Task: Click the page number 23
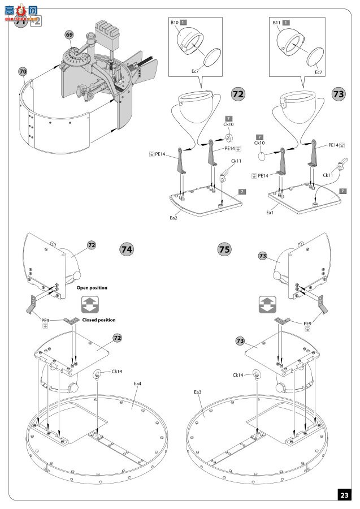(344, 494)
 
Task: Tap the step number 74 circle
(127, 249)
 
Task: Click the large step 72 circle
(238, 94)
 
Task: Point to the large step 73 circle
(338, 94)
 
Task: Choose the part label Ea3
(198, 391)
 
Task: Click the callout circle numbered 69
(69, 35)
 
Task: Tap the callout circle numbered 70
(23, 72)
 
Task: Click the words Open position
(92, 288)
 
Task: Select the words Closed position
(99, 320)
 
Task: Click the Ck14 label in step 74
(117, 372)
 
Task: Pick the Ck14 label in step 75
(239, 374)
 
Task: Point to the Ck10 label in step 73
(259, 144)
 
